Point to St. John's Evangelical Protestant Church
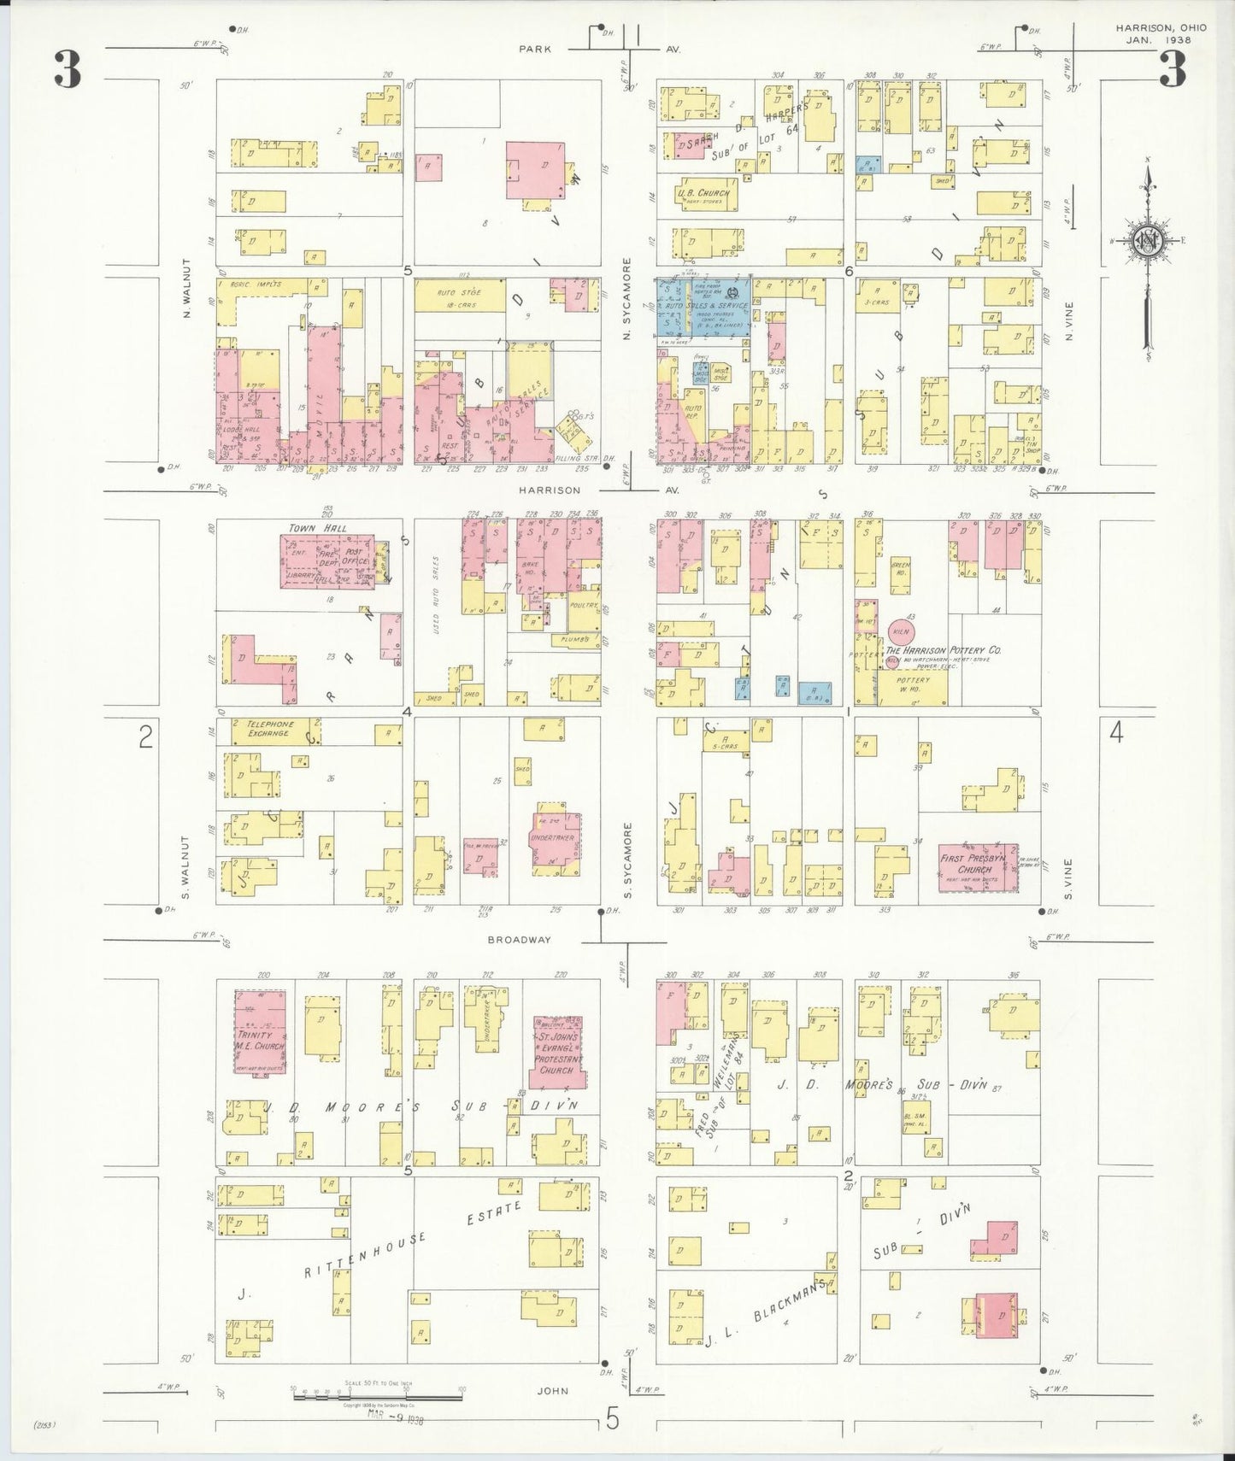click(x=557, y=1052)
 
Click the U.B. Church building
click(x=703, y=194)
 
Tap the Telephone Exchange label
click(x=270, y=728)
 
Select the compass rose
click(x=1146, y=242)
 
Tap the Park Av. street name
click(x=535, y=50)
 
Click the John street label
click(x=552, y=1391)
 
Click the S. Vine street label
click(x=1068, y=880)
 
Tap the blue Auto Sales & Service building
click(x=704, y=306)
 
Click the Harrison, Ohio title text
click(x=1161, y=28)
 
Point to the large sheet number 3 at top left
click(x=68, y=70)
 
